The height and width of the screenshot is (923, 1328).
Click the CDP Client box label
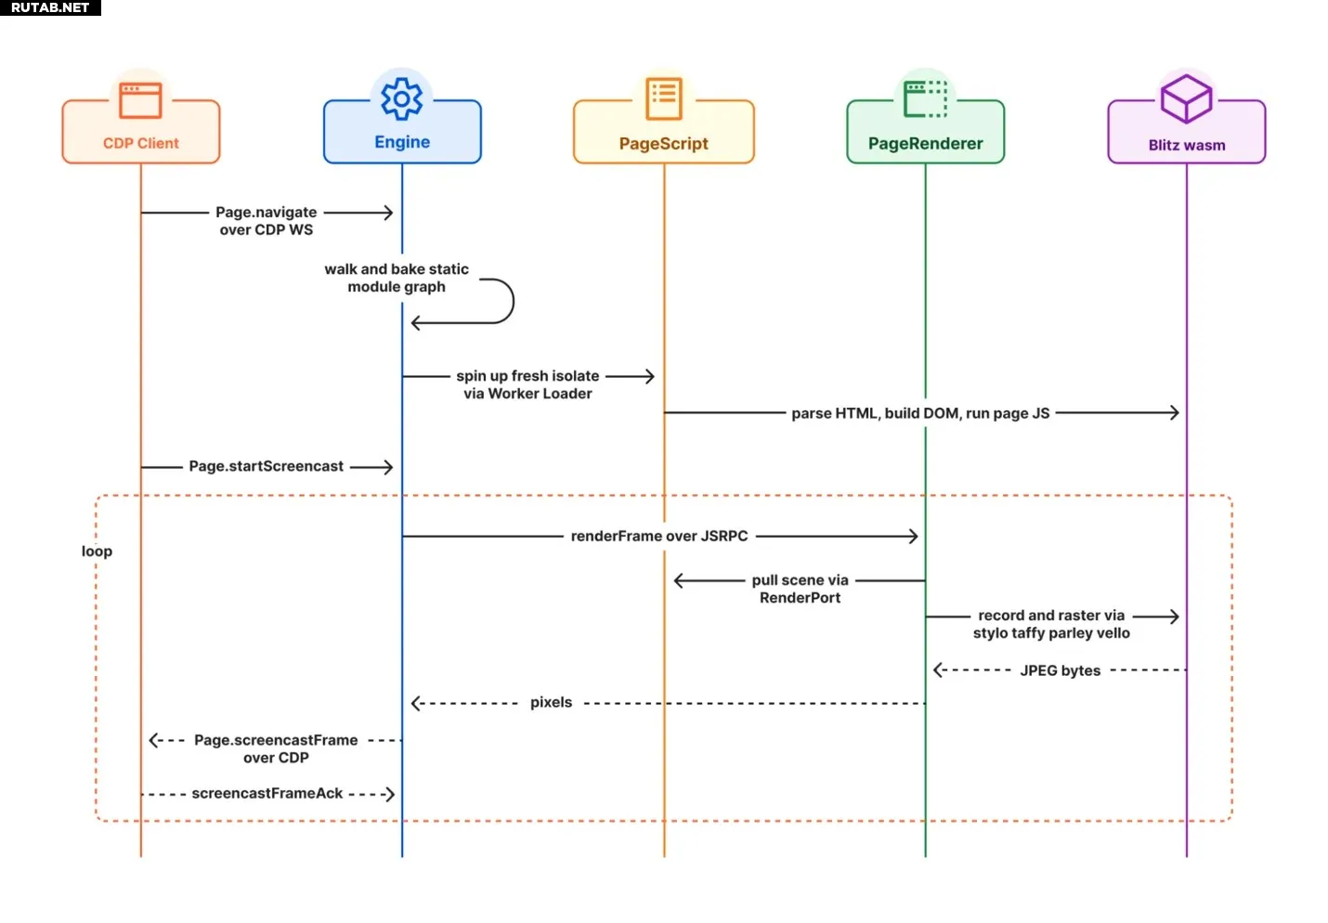pyautogui.click(x=140, y=143)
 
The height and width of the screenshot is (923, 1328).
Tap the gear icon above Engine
pyautogui.click(x=402, y=98)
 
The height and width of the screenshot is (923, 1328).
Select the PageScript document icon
pyautogui.click(x=663, y=98)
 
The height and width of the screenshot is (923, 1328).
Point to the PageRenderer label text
pyautogui.click(x=926, y=143)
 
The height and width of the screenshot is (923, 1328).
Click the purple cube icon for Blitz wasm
pyautogui.click(x=1186, y=98)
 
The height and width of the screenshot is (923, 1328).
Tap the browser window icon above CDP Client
pyautogui.click(x=140, y=100)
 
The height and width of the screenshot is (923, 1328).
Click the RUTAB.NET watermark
pyautogui.click(x=50, y=7)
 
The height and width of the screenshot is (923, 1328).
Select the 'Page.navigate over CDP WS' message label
pyautogui.click(x=267, y=221)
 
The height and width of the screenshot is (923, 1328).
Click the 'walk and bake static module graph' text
pyautogui.click(x=397, y=278)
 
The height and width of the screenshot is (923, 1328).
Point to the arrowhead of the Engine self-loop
pyautogui.click(x=416, y=323)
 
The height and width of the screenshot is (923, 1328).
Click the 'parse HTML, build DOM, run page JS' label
pyautogui.click(x=920, y=413)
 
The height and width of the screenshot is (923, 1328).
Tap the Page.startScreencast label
pyautogui.click(x=267, y=466)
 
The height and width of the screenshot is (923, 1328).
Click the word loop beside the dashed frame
pyautogui.click(x=97, y=552)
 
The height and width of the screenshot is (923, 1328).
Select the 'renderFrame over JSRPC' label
pyautogui.click(x=659, y=537)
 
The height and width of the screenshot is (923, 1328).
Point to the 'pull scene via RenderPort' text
pyautogui.click(x=800, y=590)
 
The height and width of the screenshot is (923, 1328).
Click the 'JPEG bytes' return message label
pyautogui.click(x=1060, y=671)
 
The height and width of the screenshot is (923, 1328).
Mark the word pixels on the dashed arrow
pyautogui.click(x=551, y=703)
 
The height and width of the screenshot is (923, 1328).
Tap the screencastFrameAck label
pyautogui.click(x=267, y=794)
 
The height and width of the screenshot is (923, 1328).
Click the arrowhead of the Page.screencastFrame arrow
pyautogui.click(x=153, y=740)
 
